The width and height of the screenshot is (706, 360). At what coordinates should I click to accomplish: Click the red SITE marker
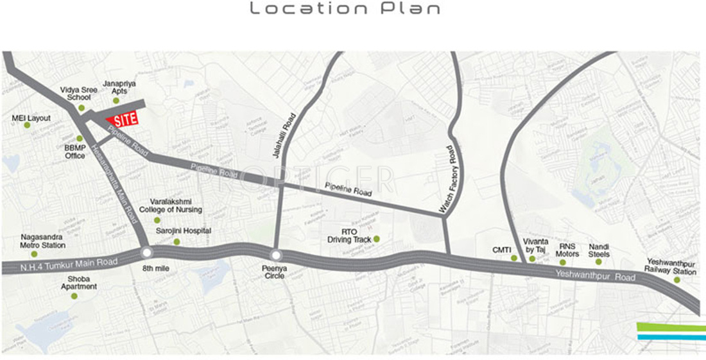[122, 120]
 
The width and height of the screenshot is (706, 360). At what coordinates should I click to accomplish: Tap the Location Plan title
[345, 9]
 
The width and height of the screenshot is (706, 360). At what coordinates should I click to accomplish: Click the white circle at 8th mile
[146, 253]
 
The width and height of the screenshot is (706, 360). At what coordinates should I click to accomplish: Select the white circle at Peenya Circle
[276, 255]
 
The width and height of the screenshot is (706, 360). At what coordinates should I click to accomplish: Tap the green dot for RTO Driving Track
[377, 239]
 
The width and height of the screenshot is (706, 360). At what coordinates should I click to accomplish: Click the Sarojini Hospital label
[183, 231]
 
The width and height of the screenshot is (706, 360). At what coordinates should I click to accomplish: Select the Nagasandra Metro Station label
[43, 241]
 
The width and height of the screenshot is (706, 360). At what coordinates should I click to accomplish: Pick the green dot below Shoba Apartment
[74, 296]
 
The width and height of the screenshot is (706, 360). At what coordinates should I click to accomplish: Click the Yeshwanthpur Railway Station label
[672, 267]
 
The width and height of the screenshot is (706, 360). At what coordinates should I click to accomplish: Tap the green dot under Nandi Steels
[599, 261]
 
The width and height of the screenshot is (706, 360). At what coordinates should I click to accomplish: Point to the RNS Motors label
[567, 250]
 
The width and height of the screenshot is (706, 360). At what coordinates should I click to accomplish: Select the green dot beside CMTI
[513, 258]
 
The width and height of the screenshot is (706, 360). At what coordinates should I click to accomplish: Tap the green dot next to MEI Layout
[28, 125]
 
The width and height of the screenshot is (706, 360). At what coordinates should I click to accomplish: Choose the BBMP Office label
[75, 151]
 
